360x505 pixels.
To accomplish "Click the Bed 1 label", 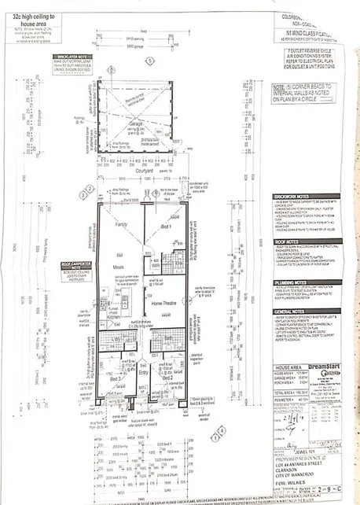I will tap(167, 226).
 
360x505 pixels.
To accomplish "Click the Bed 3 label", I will tap(115, 378).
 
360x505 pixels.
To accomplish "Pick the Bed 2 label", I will tap(167, 378).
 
